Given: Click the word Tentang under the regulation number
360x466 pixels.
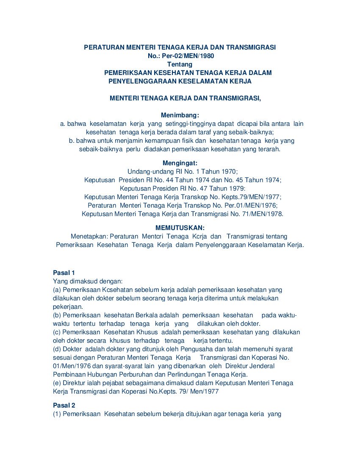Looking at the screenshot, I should click(x=180, y=64).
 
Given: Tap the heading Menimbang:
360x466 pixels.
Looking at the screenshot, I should click(x=180, y=115).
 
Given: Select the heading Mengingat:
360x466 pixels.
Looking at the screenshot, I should click(x=180, y=163).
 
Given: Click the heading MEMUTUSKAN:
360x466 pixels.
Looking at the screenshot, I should click(x=180, y=228).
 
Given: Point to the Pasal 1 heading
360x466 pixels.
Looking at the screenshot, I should click(x=64, y=273).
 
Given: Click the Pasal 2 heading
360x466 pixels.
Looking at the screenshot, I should click(x=64, y=405).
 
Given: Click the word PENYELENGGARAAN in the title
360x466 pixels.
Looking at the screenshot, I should click(x=142, y=81).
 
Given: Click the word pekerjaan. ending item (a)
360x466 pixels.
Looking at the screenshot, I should click(x=68, y=307).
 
